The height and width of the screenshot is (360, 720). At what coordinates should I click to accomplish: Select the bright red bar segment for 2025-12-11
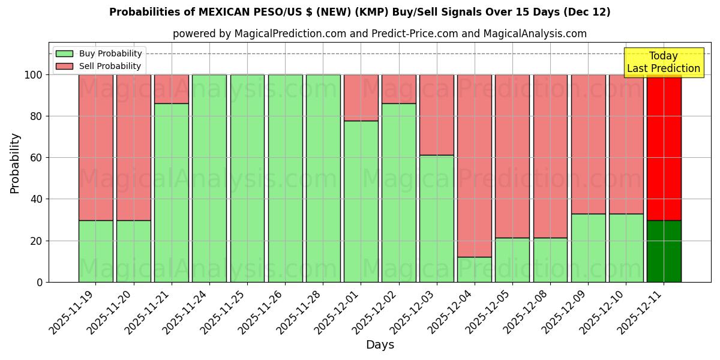click(664, 147)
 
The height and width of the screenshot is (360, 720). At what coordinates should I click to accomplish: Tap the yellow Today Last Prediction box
click(663, 62)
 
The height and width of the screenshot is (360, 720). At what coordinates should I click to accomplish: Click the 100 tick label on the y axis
click(33, 75)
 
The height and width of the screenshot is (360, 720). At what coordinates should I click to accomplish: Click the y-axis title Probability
click(15, 163)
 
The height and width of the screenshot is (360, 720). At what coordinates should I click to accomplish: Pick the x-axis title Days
click(380, 345)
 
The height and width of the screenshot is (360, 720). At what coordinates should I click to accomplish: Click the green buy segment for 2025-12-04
click(475, 269)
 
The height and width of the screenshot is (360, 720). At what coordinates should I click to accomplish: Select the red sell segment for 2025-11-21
click(172, 89)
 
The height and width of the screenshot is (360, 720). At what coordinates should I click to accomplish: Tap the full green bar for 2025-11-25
click(247, 178)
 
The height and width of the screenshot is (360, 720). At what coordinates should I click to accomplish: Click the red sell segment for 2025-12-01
click(361, 98)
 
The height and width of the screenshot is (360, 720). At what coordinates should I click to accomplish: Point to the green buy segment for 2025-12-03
click(437, 218)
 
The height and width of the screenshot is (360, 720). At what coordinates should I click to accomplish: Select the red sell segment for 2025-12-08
click(550, 156)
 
